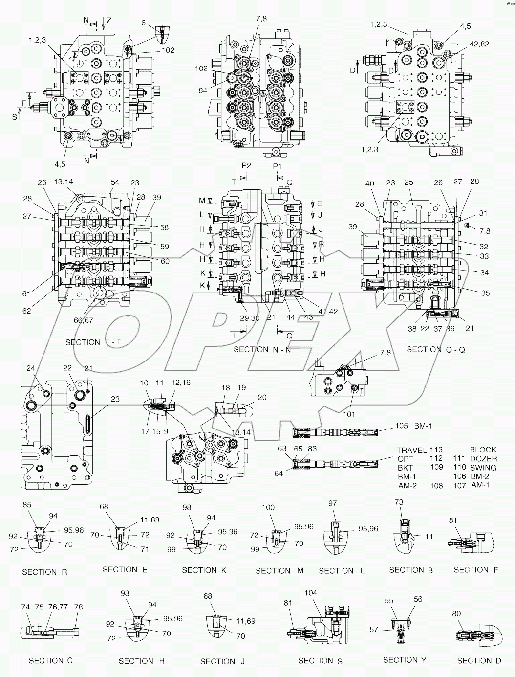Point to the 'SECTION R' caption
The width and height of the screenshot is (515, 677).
tap(44, 572)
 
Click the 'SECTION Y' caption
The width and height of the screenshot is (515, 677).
tap(405, 660)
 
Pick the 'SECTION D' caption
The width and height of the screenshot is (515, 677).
tap(479, 660)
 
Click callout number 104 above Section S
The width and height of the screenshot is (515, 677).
tap(311, 593)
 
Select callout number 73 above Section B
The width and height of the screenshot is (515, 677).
tap(399, 502)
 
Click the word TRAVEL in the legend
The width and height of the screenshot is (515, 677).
tap(412, 450)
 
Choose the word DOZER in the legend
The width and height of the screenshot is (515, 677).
tap(483, 459)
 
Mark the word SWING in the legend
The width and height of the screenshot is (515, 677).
tap(483, 468)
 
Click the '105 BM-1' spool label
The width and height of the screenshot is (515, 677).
tap(413, 426)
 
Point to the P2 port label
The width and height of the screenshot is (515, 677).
tap(246, 166)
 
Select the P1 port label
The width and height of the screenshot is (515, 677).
tap(278, 166)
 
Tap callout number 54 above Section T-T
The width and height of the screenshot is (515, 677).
tap(115, 182)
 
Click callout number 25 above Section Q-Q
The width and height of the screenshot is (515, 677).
tap(408, 182)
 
